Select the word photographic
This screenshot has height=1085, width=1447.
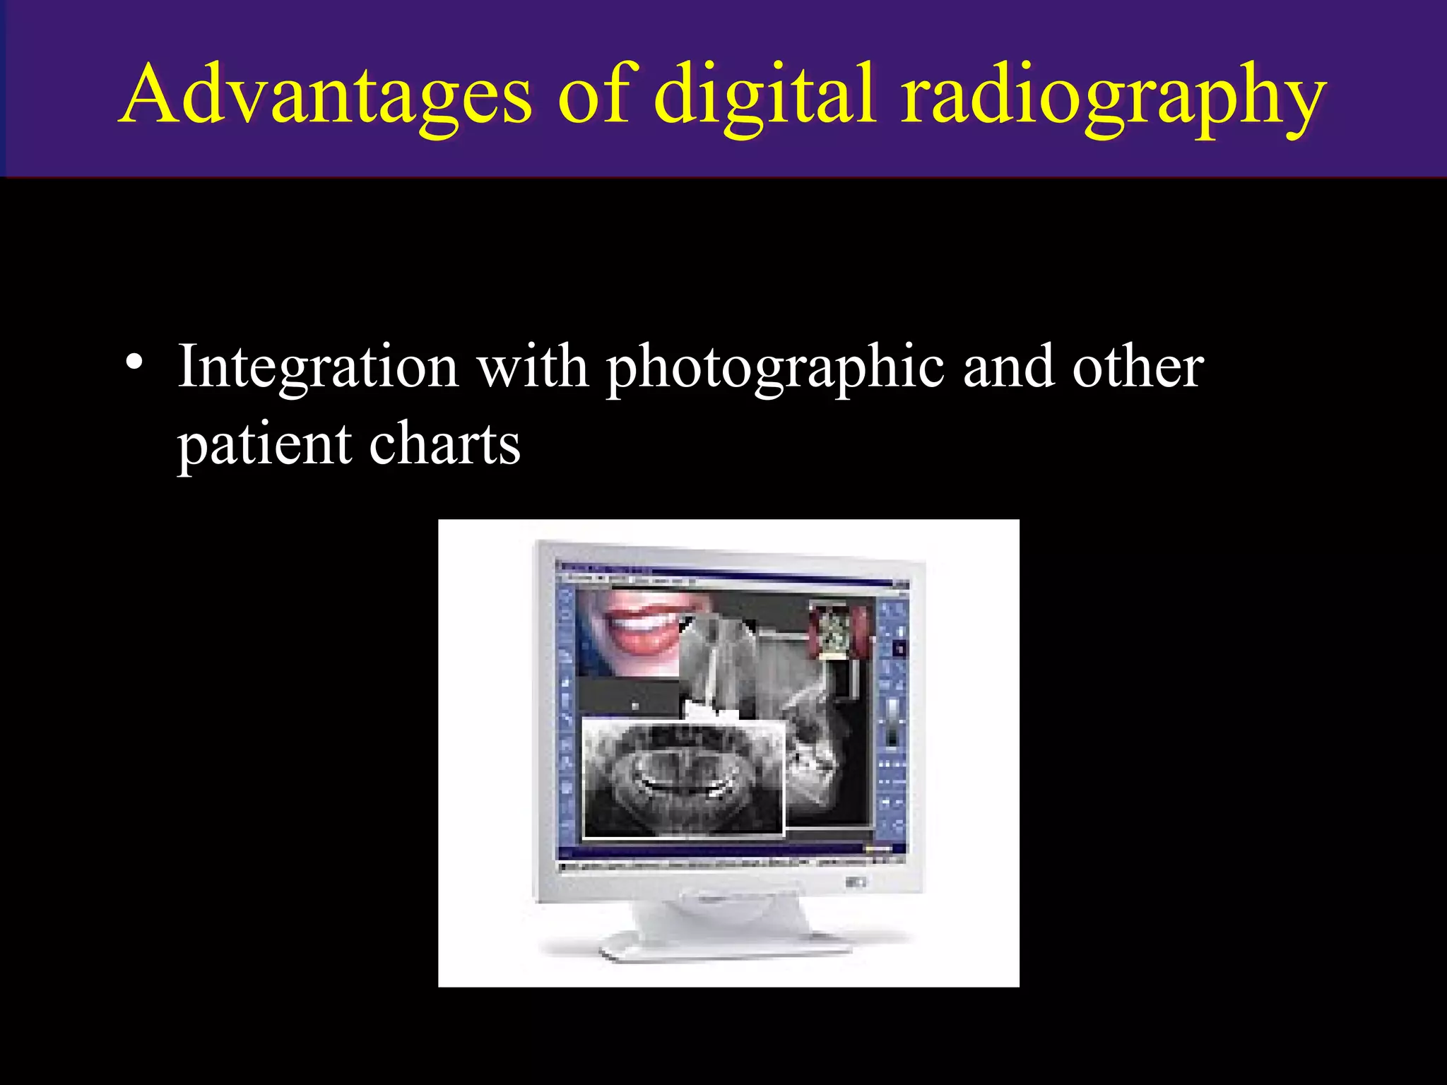pos(775,371)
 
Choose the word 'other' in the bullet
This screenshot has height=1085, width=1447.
pos(1138,367)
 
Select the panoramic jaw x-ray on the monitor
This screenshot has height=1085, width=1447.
pos(683,777)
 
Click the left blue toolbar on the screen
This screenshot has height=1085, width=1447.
pos(567,713)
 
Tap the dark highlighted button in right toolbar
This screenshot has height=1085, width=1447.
pos(899,647)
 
